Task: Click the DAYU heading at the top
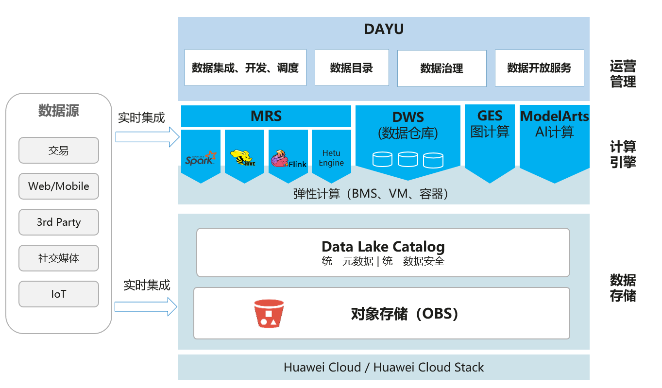click(x=384, y=30)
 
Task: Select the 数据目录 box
click(x=352, y=67)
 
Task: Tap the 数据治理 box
click(x=441, y=68)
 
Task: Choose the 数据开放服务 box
click(x=539, y=67)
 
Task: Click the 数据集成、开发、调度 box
click(x=245, y=67)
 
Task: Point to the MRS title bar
click(x=266, y=116)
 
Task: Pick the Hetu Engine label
click(x=331, y=158)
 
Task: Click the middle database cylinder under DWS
click(x=407, y=159)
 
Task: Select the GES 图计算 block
click(x=490, y=124)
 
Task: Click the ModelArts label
click(x=554, y=117)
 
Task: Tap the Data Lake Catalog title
click(x=383, y=246)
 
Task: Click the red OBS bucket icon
click(x=269, y=313)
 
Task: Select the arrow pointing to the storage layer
click(x=146, y=306)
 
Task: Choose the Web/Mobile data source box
click(x=59, y=186)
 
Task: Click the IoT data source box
click(x=59, y=294)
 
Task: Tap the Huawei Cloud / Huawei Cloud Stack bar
click(x=383, y=367)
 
